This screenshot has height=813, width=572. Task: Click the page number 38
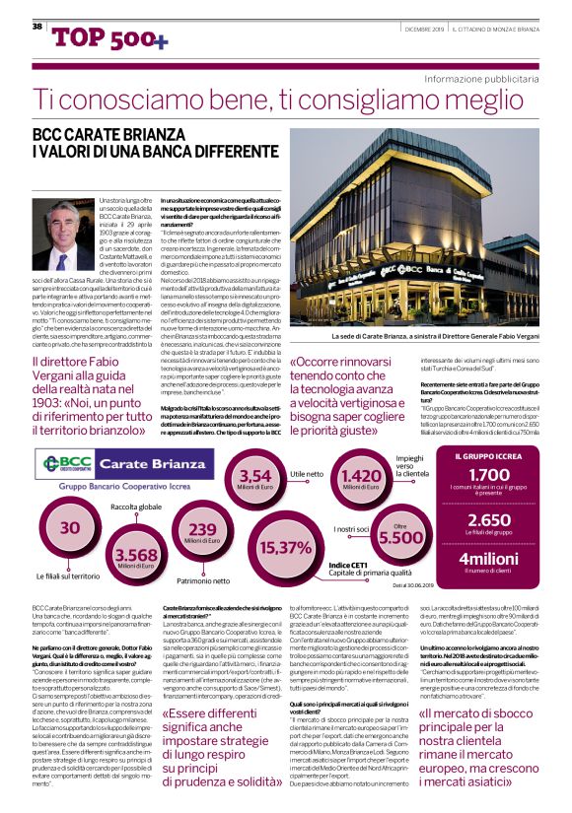[36, 26]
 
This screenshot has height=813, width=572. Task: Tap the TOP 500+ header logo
[96, 37]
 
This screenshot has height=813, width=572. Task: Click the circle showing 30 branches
[70, 528]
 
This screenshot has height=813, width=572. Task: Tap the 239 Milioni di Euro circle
[202, 533]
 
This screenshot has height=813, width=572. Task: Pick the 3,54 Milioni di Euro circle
[255, 480]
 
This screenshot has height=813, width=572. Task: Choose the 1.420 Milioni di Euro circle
[360, 480]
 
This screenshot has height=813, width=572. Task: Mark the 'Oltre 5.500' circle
[399, 535]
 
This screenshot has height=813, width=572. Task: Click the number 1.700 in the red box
[489, 476]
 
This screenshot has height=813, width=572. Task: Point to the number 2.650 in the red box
[489, 520]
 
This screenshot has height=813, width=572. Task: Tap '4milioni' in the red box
[489, 561]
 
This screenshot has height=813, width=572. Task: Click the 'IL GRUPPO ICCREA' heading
[489, 456]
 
